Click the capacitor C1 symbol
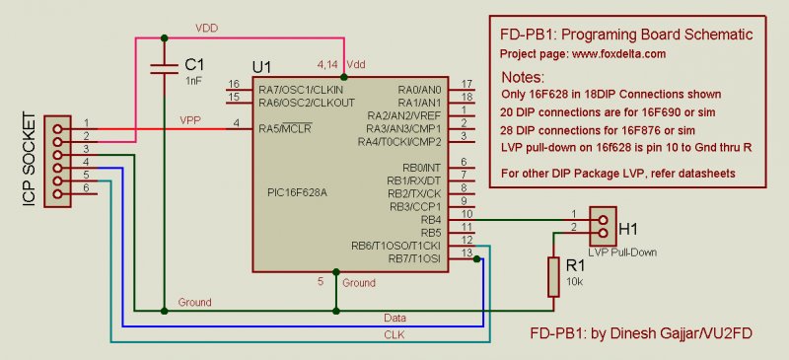165,69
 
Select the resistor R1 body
553,276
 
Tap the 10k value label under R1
575,281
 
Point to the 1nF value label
193,80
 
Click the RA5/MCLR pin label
285,128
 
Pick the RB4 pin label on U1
431,220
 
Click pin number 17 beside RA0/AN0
466,84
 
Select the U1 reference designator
261,67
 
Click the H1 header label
628,229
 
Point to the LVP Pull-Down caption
622,252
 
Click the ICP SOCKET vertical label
31,161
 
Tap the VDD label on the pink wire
207,29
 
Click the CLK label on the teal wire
394,334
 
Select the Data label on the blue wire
395,318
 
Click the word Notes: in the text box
523,78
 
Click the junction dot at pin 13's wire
476,258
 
